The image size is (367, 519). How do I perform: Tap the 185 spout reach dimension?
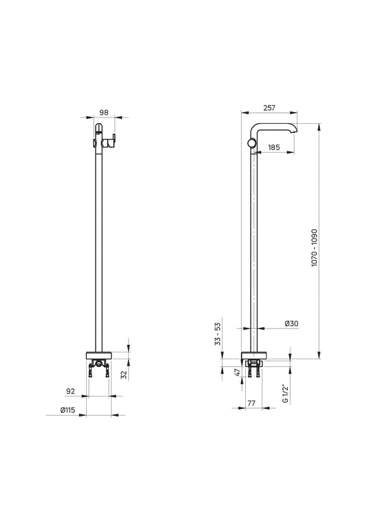click(273, 147)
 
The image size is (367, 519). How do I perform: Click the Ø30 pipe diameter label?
click(291, 324)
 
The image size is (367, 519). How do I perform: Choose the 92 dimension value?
click(71, 391)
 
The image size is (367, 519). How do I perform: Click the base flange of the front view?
click(100, 356)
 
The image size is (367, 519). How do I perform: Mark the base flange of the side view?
click(254, 356)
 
